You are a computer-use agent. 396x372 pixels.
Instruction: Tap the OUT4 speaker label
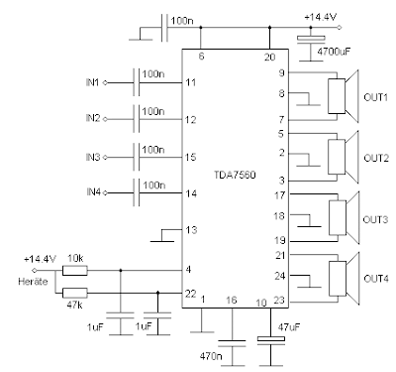(x=374, y=277)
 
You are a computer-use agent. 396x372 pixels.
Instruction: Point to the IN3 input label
(x=93, y=157)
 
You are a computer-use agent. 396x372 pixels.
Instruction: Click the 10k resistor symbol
(x=75, y=270)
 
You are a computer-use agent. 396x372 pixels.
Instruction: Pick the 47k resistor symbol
(x=75, y=293)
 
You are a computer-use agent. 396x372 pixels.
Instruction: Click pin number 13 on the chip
(x=191, y=230)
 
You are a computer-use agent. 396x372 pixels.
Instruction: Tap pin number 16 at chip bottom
(x=231, y=298)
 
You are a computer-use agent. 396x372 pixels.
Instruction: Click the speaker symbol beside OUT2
(x=338, y=156)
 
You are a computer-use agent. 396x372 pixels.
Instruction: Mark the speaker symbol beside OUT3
(x=338, y=217)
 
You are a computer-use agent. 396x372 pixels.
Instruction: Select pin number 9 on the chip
(x=282, y=72)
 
